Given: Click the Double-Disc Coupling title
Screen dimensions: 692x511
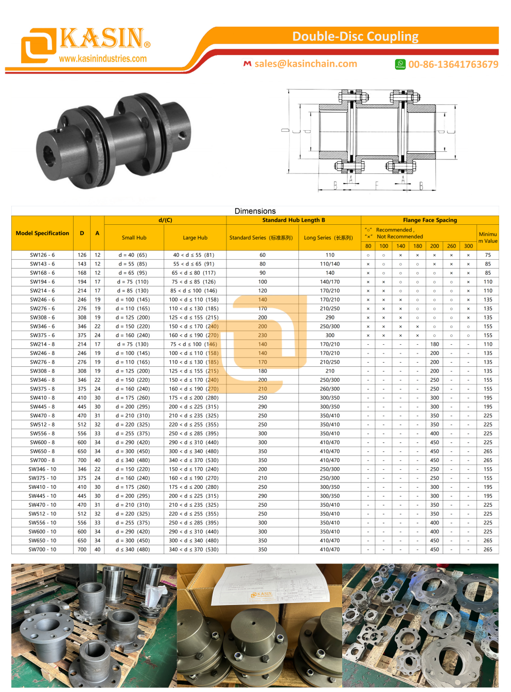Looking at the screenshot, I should [355, 37].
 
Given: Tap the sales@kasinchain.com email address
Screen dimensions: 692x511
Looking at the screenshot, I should [305, 64].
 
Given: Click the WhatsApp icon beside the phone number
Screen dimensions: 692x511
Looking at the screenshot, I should [400, 64].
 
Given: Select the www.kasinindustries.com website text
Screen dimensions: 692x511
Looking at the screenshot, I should [102, 59].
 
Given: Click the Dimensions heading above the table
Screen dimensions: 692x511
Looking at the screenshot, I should [255, 211].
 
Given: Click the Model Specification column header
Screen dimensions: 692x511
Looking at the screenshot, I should [42, 233].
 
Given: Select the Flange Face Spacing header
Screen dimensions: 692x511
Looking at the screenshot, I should [430, 220].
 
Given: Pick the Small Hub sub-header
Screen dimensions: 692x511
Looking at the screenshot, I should [134, 238].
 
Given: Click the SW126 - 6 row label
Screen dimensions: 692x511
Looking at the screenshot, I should [42, 255].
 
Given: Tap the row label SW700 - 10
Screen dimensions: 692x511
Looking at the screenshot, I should [42, 549].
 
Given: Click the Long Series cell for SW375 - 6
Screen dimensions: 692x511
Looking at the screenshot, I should [329, 335].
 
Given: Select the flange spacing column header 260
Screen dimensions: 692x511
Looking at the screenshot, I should [451, 246].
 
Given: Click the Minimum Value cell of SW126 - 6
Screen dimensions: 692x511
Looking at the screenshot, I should [487, 255].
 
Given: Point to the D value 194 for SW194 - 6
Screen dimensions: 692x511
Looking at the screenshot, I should [82, 282].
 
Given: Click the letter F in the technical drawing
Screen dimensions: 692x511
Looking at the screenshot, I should [376, 185].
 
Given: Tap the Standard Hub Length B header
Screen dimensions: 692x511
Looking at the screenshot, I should [293, 220].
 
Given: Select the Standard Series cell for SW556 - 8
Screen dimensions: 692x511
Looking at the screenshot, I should [262, 434].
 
